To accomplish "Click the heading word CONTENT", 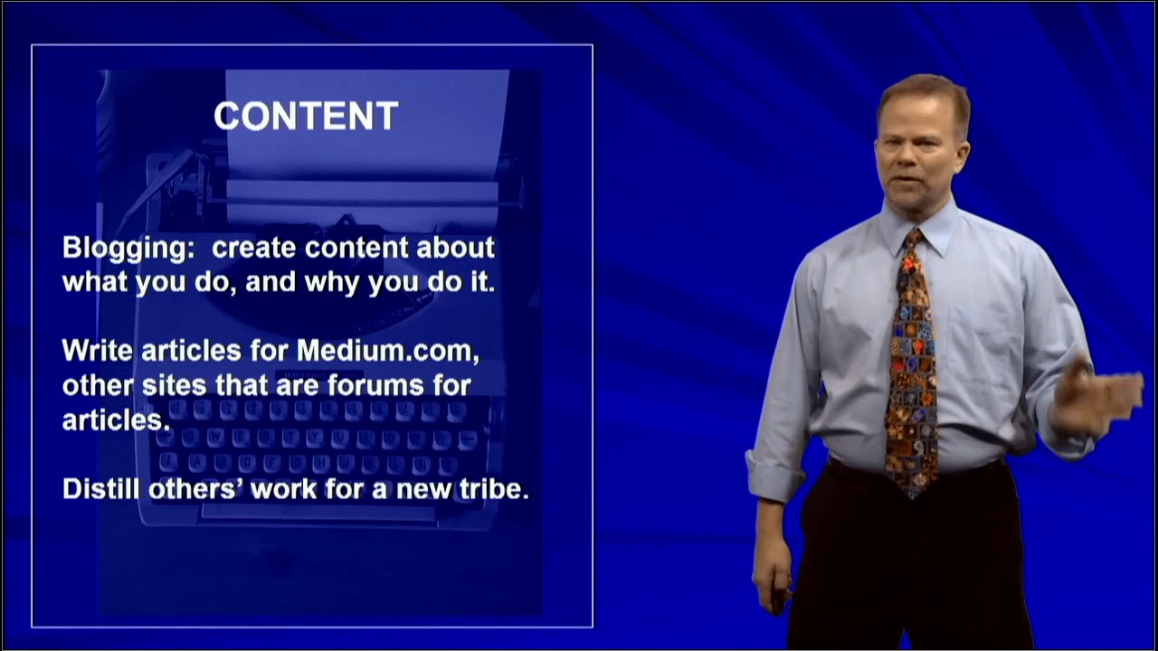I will (x=306, y=116).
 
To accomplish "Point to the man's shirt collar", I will (x=936, y=231).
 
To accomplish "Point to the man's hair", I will (x=923, y=95).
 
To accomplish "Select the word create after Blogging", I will (x=255, y=248).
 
